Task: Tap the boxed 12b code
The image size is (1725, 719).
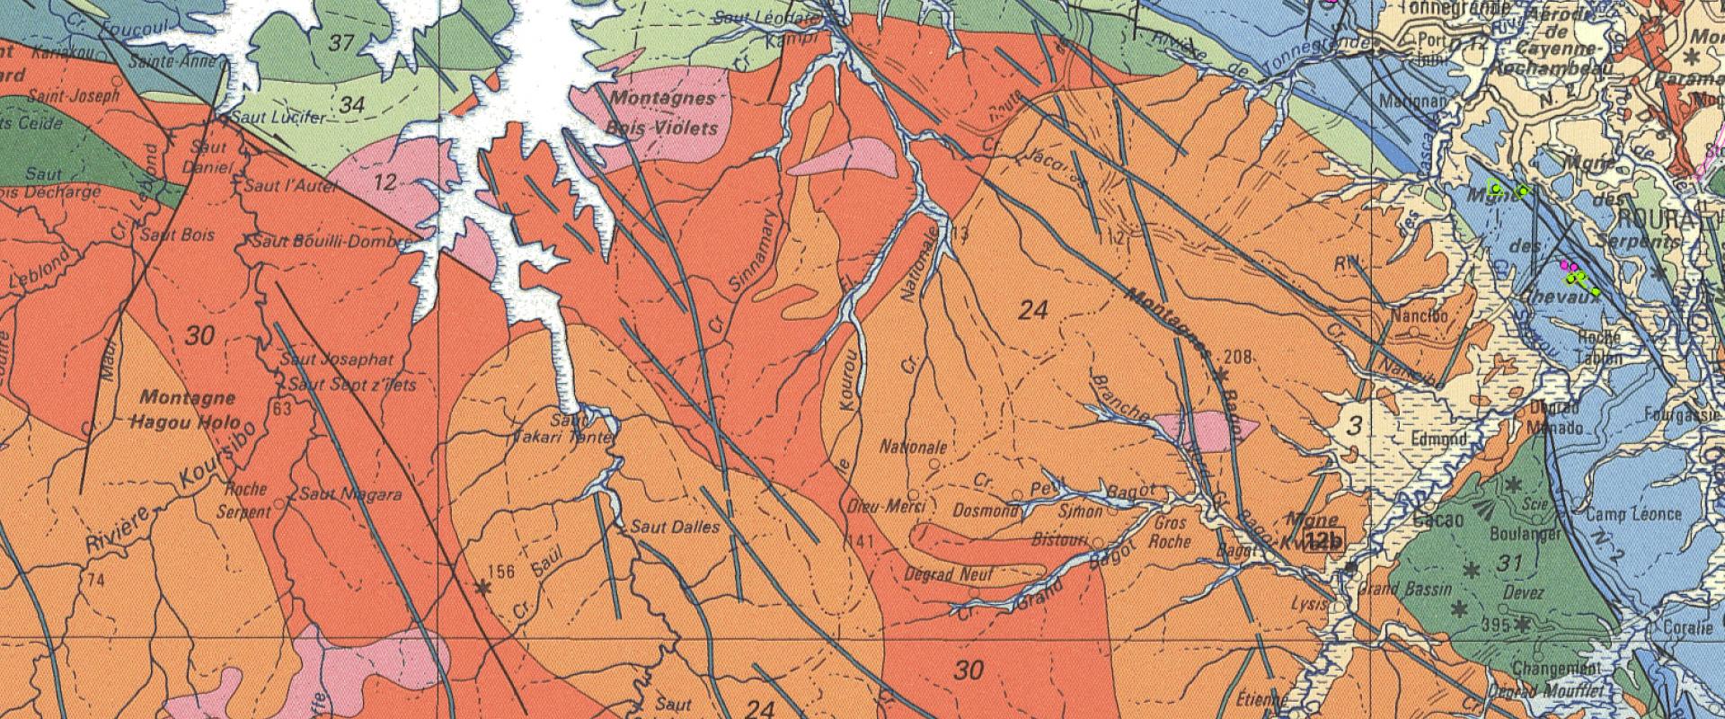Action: pos(1324,541)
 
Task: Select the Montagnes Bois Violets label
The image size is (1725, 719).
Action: pos(663,113)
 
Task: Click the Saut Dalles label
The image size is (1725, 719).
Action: pos(676,527)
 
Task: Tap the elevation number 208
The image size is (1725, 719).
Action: pos(1238,358)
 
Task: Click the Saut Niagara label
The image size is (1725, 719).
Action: pos(350,494)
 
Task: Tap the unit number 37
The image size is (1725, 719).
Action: pos(341,42)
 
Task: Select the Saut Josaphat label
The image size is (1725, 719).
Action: pos(337,359)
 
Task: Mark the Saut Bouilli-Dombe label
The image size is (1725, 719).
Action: pos(331,242)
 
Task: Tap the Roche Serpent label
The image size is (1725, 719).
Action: pos(244,501)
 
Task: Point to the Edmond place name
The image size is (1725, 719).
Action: pos(1437,439)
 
